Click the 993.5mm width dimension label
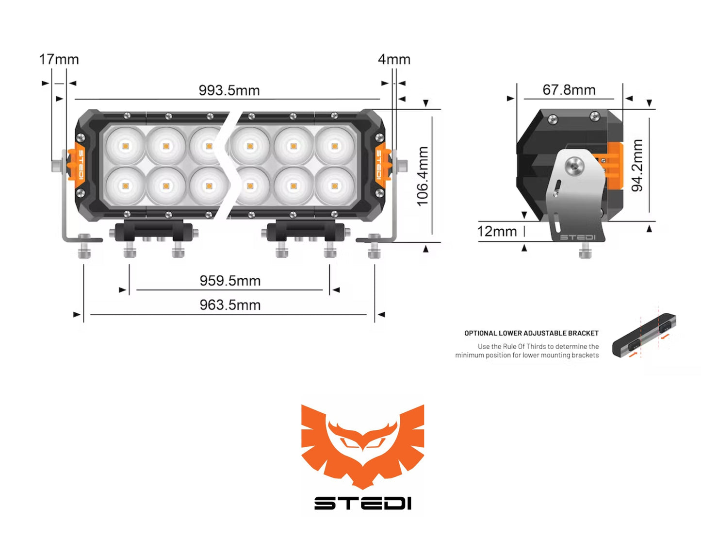[x=229, y=90]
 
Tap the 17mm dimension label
[x=59, y=59]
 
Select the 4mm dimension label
[x=394, y=59]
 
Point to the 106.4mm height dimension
[x=423, y=176]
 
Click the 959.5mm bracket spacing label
[x=230, y=281]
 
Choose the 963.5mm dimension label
[x=230, y=305]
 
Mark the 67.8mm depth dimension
[x=569, y=90]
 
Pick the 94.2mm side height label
[x=637, y=166]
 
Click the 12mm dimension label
[x=497, y=231]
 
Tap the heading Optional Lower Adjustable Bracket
[x=531, y=333]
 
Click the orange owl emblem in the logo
[x=362, y=444]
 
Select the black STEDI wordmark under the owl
[x=362, y=503]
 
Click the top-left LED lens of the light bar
[x=126, y=146]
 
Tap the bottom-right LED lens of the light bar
[x=334, y=186]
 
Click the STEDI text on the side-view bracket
[x=577, y=237]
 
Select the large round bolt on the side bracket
[x=574, y=167]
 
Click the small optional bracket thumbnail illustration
[x=644, y=335]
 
